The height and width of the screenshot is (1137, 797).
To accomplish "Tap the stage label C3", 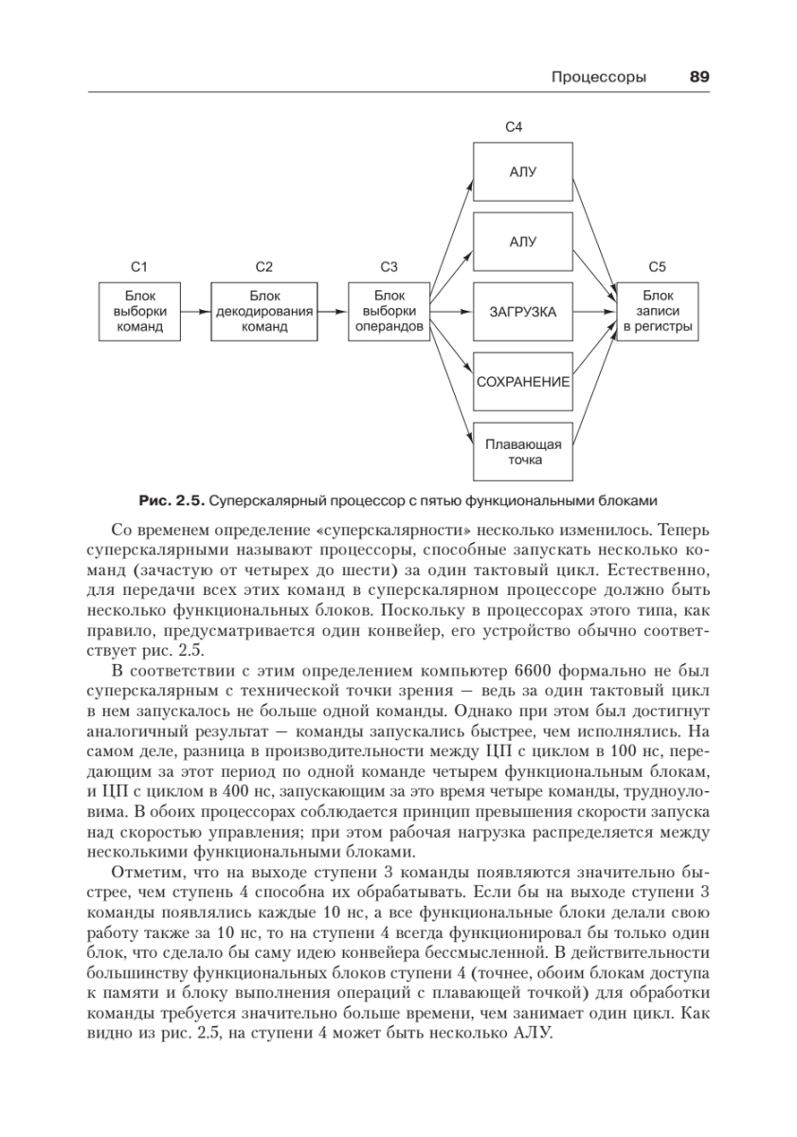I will [389, 267].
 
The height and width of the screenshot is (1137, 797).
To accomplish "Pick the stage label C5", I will [657, 267].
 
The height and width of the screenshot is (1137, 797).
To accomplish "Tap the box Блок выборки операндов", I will [389, 311].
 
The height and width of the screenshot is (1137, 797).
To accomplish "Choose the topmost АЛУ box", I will [523, 171].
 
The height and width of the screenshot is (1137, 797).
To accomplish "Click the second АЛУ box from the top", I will [523, 242].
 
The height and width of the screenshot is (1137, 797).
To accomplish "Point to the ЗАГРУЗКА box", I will [523, 312].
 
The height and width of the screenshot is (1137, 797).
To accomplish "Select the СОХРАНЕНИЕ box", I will [523, 382].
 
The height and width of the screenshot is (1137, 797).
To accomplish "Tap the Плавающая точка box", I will [523, 451].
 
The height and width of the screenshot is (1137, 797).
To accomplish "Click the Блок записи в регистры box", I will [657, 311].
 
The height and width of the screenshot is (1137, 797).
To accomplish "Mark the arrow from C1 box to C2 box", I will [195, 311].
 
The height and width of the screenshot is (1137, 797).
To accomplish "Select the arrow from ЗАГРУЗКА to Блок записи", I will [595, 311].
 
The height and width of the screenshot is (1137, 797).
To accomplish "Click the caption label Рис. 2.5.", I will [171, 499].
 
